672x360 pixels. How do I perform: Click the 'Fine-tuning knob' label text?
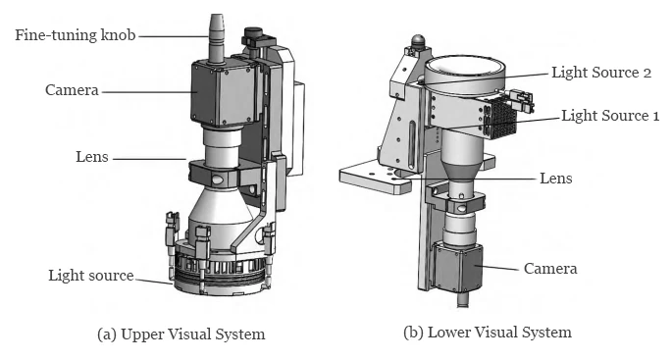tap(74, 36)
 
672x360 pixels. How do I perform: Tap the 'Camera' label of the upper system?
tap(72, 90)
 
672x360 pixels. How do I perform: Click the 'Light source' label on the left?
tap(90, 276)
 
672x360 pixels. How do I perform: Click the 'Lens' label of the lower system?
tap(556, 179)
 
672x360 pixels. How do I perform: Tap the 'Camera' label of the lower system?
tap(549, 268)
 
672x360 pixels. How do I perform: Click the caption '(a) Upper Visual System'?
tap(181, 334)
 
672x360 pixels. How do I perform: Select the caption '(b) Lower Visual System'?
tap(488, 333)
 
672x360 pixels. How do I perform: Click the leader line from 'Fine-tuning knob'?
tap(172, 36)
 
